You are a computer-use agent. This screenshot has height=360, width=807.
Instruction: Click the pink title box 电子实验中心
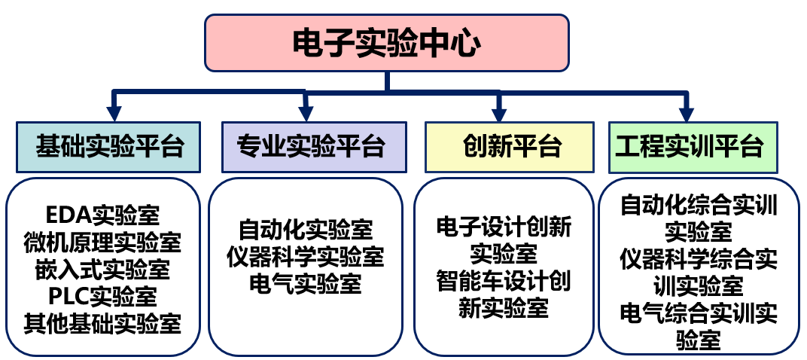click(386, 43)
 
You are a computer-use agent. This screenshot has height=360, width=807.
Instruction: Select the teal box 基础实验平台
click(108, 146)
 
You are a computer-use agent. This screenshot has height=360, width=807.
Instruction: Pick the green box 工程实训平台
click(688, 146)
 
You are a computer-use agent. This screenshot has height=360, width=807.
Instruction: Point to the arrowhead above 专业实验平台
click(306, 114)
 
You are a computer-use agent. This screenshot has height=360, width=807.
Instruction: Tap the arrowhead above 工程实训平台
click(686, 114)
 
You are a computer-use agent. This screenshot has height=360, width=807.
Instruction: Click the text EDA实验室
click(102, 215)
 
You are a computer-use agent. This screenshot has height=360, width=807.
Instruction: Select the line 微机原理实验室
click(102, 243)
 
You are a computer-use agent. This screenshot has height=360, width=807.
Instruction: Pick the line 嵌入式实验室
click(102, 269)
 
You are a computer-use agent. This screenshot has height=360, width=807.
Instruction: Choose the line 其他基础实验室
click(102, 323)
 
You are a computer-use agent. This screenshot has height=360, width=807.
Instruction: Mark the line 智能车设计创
click(504, 280)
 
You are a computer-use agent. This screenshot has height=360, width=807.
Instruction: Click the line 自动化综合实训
click(699, 204)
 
